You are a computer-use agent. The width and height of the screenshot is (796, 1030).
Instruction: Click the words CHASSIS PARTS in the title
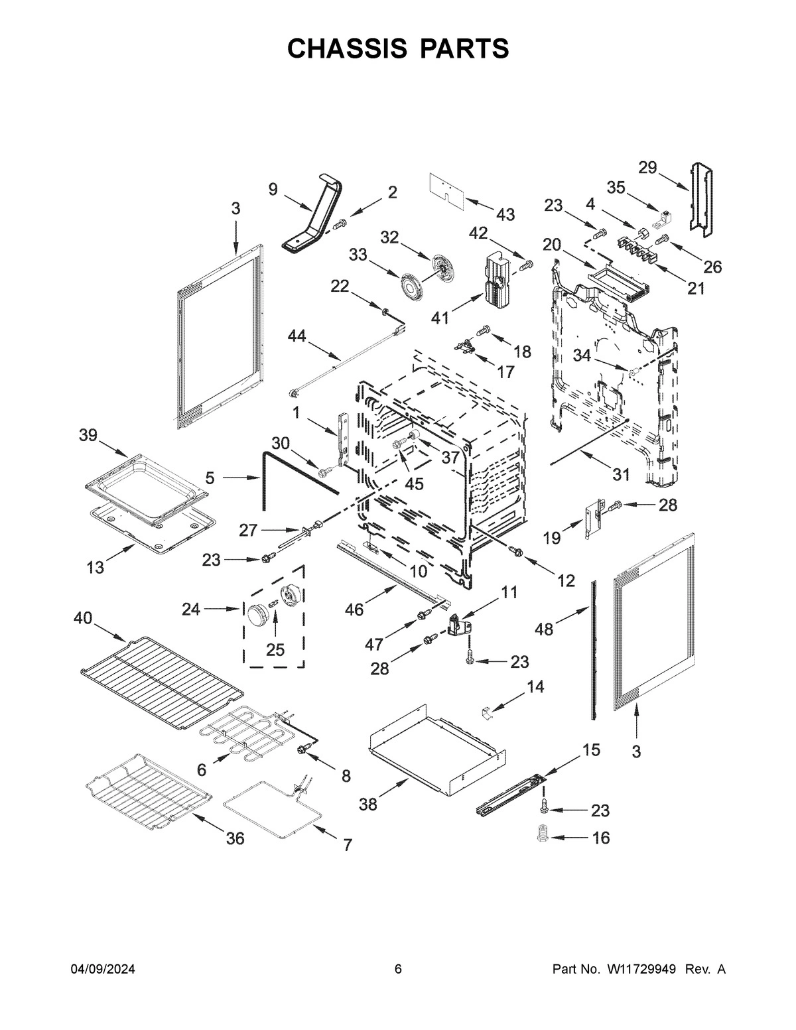point(398,48)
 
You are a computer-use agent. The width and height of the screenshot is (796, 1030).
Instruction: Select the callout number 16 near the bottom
point(600,838)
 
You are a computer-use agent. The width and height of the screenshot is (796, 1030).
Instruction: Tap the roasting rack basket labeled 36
point(149,793)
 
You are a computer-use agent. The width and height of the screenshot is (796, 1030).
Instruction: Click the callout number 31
point(620,475)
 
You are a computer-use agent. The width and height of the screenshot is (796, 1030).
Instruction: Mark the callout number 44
point(297,338)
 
